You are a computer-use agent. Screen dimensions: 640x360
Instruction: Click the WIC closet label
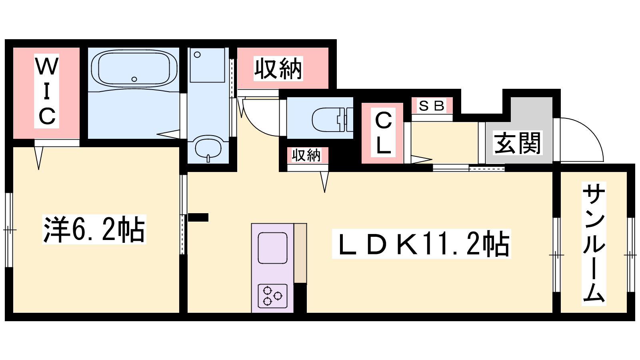pos(46,91)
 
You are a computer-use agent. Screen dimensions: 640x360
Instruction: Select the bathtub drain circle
pos(134,79)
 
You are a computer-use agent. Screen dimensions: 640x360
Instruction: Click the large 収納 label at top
pos(278,68)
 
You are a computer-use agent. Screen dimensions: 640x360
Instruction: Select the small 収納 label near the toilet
pos(306,155)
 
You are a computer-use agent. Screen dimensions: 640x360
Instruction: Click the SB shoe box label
pos(432,106)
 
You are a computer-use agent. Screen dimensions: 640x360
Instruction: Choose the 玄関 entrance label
pos(518,143)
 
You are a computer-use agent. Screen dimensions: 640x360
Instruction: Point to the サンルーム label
pos(594,244)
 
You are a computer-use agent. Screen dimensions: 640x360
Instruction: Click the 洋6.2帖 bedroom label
pos(94,230)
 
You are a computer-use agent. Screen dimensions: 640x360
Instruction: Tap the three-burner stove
pos(272,296)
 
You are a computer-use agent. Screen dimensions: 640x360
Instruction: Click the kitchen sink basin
pos(272,248)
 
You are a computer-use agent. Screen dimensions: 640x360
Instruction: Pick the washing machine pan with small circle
pos(207,66)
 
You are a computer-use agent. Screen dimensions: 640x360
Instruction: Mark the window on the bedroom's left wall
pos(9,230)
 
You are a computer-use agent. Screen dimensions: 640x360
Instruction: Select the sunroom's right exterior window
pos(631,255)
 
